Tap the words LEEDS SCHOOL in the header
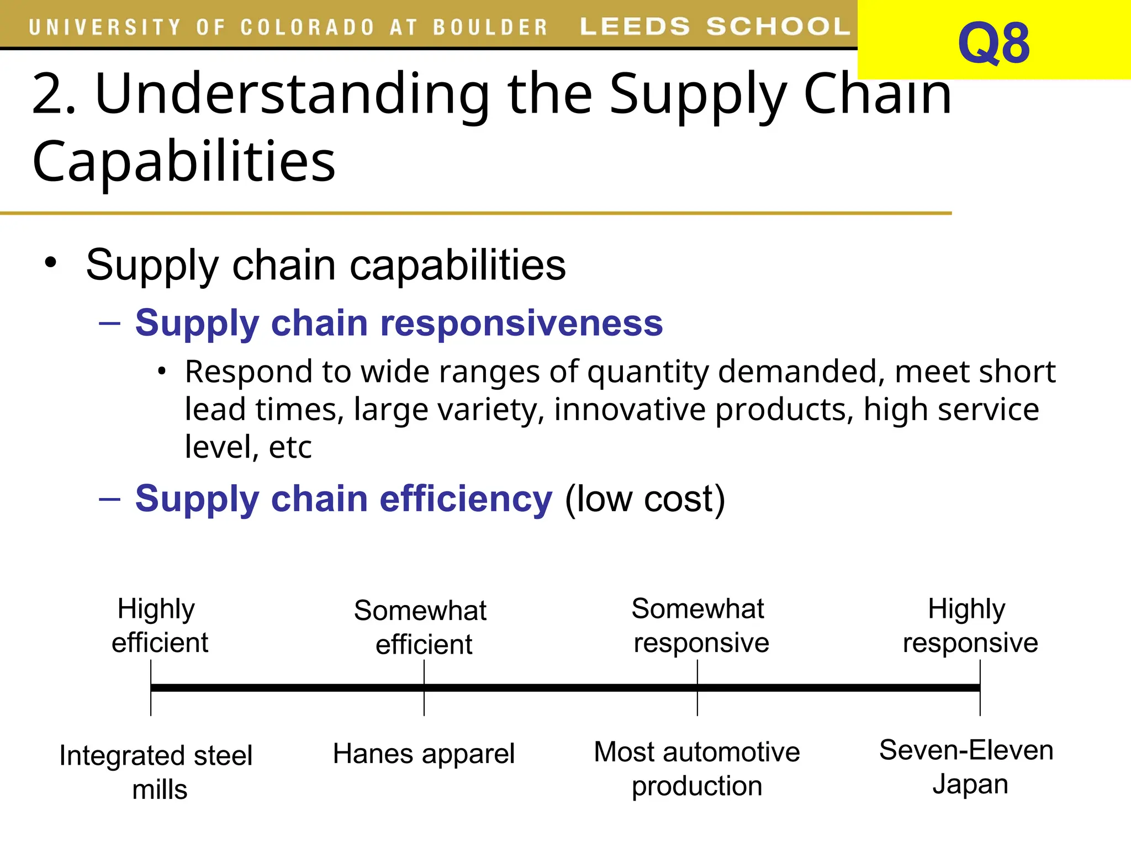(x=715, y=26)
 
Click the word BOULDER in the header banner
(x=490, y=27)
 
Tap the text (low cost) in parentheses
(x=644, y=499)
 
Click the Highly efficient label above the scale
(x=158, y=626)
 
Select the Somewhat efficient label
(x=421, y=627)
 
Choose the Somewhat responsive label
(x=699, y=626)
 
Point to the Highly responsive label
(x=969, y=626)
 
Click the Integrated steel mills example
(x=156, y=772)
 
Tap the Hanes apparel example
(x=424, y=754)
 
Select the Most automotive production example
(x=696, y=768)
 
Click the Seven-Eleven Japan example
(x=967, y=767)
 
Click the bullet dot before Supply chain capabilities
(x=51, y=263)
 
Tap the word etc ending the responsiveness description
(x=289, y=447)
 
